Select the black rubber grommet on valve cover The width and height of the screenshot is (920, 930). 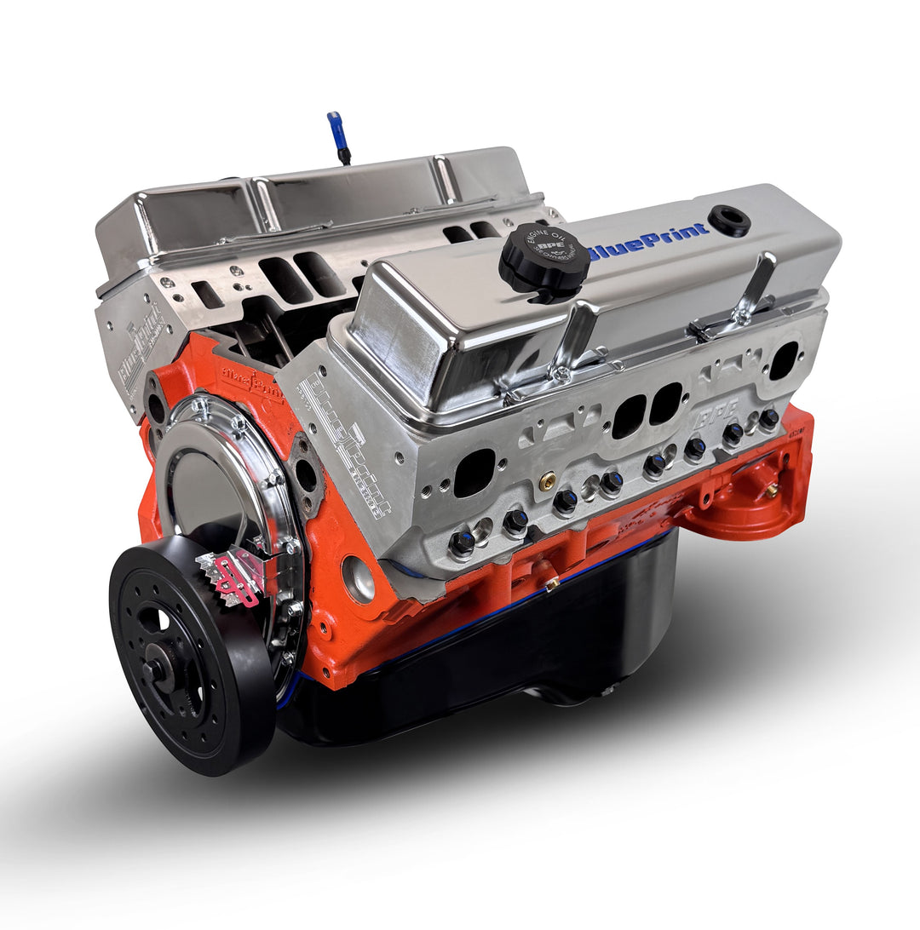(x=729, y=220)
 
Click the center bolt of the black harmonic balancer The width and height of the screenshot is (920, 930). (x=159, y=670)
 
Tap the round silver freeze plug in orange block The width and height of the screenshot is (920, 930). (x=359, y=579)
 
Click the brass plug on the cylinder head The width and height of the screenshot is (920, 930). (x=548, y=480)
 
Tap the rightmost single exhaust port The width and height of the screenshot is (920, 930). (x=783, y=359)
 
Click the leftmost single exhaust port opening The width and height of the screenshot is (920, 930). (x=474, y=473)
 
